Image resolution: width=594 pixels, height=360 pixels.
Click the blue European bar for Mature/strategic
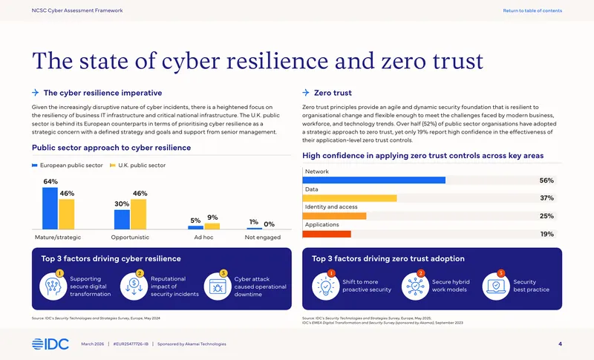[x=50, y=208]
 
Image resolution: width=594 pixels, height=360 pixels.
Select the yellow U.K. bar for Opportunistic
[x=138, y=215]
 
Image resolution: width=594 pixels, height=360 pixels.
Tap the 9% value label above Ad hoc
[x=212, y=217]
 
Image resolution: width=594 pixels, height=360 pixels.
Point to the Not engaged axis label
[x=263, y=238]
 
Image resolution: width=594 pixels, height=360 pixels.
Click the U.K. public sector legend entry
[x=137, y=166]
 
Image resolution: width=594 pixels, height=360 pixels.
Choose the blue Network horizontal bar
[x=374, y=180]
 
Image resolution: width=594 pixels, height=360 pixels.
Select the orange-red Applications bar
[x=327, y=235]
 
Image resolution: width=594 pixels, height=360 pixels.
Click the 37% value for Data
[x=546, y=198]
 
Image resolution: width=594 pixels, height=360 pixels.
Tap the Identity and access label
[x=331, y=206]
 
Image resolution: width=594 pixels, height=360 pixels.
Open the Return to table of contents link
[x=532, y=10]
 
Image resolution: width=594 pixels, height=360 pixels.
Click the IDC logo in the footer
[x=50, y=344]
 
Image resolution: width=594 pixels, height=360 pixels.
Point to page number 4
[x=561, y=344]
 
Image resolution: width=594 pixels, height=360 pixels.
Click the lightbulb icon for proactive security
[x=325, y=287]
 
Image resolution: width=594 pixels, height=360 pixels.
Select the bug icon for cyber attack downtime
[x=218, y=287]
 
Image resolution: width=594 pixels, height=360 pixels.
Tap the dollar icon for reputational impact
[x=134, y=287]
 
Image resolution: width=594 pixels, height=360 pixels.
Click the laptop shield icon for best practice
[x=496, y=287]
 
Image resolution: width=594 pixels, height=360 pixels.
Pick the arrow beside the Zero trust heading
[x=306, y=92]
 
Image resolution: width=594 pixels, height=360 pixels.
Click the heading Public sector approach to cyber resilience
[x=111, y=148]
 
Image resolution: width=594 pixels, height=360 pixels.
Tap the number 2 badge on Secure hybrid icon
[x=420, y=273]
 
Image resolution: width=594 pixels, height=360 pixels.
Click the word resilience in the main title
[x=277, y=61]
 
